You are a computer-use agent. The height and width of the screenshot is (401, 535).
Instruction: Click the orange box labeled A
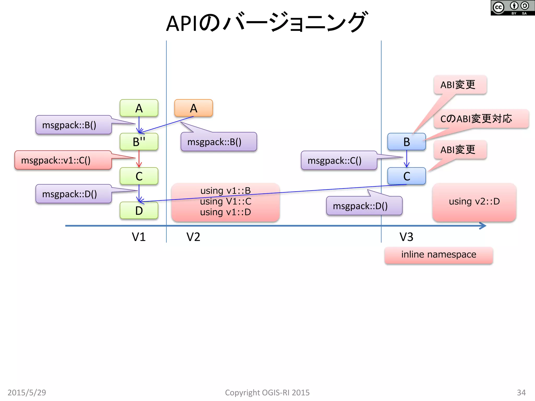(193, 108)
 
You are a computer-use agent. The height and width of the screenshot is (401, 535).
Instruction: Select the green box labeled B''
(139, 141)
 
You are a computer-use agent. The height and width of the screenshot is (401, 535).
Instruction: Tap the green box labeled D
(139, 210)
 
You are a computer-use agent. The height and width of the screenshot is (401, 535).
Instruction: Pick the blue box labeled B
(406, 141)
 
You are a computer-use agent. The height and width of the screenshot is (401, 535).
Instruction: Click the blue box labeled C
(406, 176)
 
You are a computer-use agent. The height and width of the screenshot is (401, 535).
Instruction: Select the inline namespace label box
(439, 255)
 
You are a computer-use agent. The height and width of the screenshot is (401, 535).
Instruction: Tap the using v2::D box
(474, 202)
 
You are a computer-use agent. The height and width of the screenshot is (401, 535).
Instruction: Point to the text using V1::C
(225, 201)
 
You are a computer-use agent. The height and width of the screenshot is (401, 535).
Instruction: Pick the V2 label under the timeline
(193, 237)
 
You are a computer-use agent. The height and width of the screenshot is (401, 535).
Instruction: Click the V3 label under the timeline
(406, 237)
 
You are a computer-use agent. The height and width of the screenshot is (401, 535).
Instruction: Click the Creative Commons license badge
(512, 8)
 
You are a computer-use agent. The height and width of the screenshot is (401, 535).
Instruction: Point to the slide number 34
(521, 392)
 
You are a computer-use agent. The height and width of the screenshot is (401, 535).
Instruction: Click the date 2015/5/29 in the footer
(27, 392)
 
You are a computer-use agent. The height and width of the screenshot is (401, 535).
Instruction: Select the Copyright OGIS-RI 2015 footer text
(267, 392)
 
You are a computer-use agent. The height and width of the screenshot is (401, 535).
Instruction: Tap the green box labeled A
(139, 108)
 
